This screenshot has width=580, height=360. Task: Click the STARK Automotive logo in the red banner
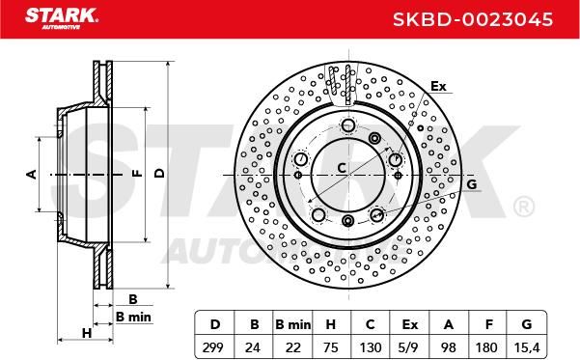[x=62, y=18]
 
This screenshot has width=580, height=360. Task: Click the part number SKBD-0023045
[x=473, y=19]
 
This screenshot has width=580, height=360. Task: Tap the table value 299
[x=213, y=347]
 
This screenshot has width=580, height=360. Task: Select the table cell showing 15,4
[x=527, y=347]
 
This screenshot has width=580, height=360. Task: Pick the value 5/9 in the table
[x=409, y=347]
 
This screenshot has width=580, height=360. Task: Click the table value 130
[x=371, y=347]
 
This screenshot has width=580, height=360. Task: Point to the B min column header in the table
[x=293, y=324]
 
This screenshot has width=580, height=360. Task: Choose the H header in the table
[x=330, y=324]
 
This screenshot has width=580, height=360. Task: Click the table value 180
[x=486, y=347]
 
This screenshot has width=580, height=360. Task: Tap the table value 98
[x=449, y=347]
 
